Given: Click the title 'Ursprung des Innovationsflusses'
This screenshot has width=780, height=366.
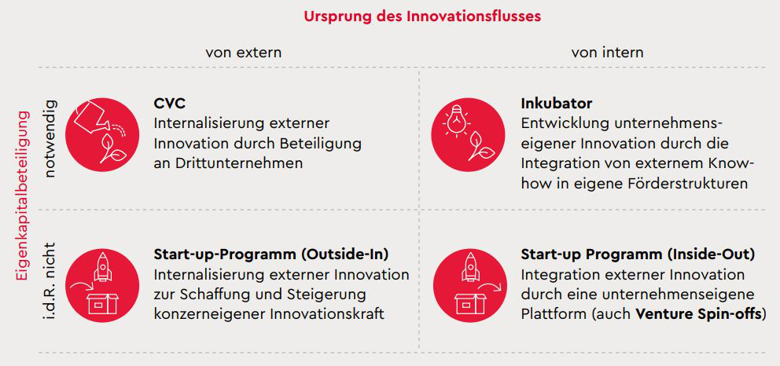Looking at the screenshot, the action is tap(422, 16).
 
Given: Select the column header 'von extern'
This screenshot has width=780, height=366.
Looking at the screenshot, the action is tap(243, 52).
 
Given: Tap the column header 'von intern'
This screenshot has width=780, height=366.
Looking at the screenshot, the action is tap(607, 52).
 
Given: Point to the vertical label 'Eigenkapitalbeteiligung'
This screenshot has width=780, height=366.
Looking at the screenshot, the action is tap(22, 196).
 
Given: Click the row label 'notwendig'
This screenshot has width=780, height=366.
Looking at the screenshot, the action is tap(51, 139).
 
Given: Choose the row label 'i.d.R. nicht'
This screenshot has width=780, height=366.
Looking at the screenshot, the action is tap(51, 280).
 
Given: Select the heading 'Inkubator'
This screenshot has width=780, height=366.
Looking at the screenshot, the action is tap(557, 104).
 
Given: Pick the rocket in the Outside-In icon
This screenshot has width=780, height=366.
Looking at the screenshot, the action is tap(102, 267).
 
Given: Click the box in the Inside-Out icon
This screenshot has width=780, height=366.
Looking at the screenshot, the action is tap(470, 303).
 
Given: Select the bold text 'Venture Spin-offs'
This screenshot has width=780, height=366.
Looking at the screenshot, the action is tap(700, 314).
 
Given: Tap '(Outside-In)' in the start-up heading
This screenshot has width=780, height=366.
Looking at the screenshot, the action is tap(344, 254).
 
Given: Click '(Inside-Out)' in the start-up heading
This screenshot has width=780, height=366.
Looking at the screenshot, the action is tap(712, 254).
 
